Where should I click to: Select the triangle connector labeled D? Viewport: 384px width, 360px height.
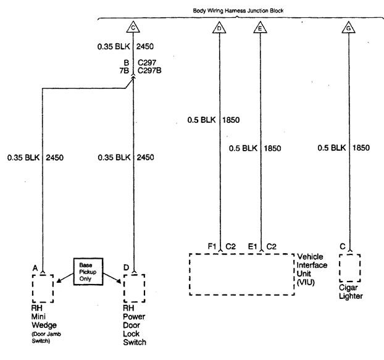pos(219,27)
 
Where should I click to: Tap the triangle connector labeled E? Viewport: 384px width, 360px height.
pos(260,27)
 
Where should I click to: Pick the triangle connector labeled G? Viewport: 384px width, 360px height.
pos(350,27)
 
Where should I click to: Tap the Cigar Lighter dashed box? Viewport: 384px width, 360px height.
pos(349,267)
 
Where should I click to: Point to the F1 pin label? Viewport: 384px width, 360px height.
pos(212,246)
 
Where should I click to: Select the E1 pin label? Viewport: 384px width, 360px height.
pos(253,246)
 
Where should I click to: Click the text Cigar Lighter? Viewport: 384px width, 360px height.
pos(351,291)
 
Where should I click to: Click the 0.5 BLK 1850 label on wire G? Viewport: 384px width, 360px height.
pos(344,148)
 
